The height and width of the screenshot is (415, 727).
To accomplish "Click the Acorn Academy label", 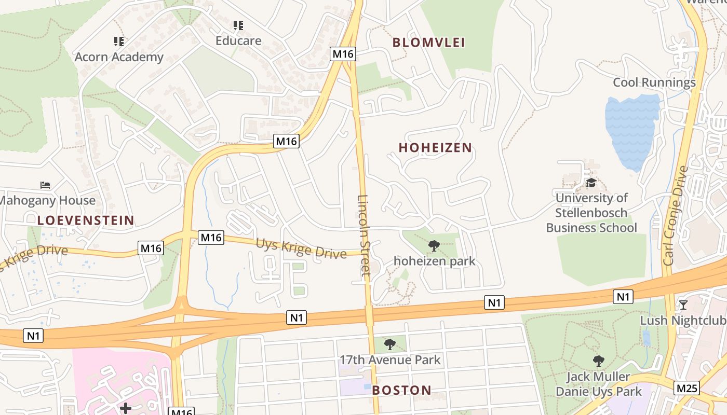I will tap(119, 57).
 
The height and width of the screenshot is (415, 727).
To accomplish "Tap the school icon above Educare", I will tap(238, 25).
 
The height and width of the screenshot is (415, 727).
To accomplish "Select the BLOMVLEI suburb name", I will tap(429, 43).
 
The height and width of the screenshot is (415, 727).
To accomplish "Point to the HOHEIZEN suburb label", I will tap(435, 148).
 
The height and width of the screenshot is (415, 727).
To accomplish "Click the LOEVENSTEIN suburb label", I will tap(86, 220).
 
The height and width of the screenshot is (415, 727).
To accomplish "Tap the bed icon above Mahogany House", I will tap(46, 185).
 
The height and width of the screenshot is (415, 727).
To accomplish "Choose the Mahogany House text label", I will tap(47, 200).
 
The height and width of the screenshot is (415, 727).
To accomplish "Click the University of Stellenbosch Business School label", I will tap(591, 213).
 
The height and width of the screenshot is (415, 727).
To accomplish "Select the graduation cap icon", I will tap(591, 183).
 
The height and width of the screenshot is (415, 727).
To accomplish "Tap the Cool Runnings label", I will tap(654, 82).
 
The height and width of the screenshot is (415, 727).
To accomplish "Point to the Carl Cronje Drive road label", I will tap(676, 215).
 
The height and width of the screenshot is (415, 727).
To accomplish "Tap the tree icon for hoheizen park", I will tap(434, 246).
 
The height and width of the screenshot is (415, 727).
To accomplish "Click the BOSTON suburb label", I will tap(402, 390).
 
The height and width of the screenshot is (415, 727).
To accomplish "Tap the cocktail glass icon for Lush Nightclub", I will tap(683, 305).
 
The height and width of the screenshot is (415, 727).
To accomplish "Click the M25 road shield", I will tap(687, 388).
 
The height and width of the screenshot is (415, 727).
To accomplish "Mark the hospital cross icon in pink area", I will tap(126, 408).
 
